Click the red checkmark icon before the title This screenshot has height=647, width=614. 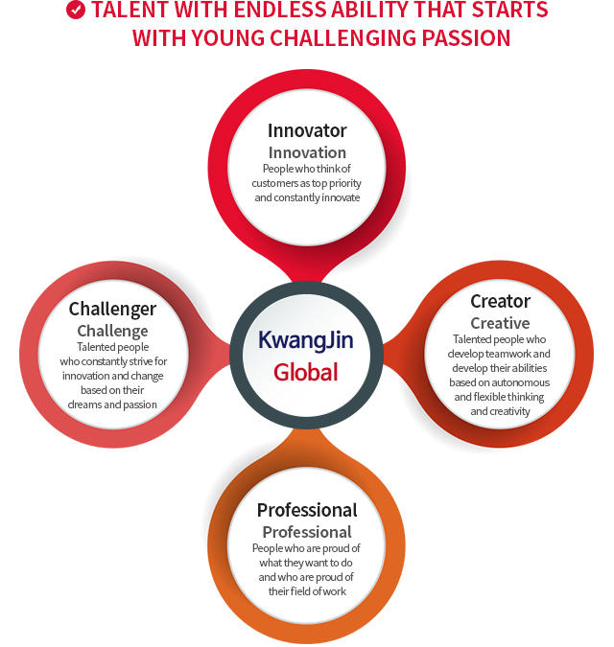[76, 10]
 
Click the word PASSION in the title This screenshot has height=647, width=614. [466, 38]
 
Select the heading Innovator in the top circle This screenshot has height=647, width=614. [307, 130]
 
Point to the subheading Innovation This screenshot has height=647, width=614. [307, 152]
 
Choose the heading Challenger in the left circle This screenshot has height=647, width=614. [112, 310]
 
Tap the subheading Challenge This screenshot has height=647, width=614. [112, 331]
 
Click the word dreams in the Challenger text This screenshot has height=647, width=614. [84, 404]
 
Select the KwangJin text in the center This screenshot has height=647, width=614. [305, 340]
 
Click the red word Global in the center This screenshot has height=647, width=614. [305, 372]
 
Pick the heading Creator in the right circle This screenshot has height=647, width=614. [500, 301]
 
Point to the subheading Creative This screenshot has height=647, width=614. [500, 323]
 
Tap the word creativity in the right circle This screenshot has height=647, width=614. [509, 411]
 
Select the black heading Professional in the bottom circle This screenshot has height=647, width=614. [307, 511]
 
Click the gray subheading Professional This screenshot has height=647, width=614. [307, 532]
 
